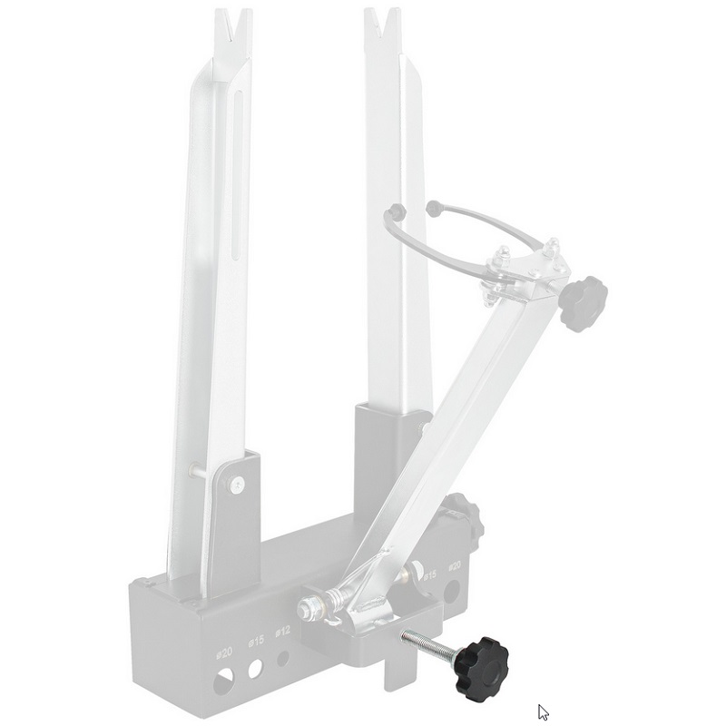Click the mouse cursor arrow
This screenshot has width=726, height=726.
click(543, 712)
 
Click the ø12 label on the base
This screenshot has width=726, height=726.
click(284, 631)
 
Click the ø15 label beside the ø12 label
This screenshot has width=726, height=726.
click(256, 640)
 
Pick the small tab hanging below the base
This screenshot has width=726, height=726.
click(399, 672)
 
